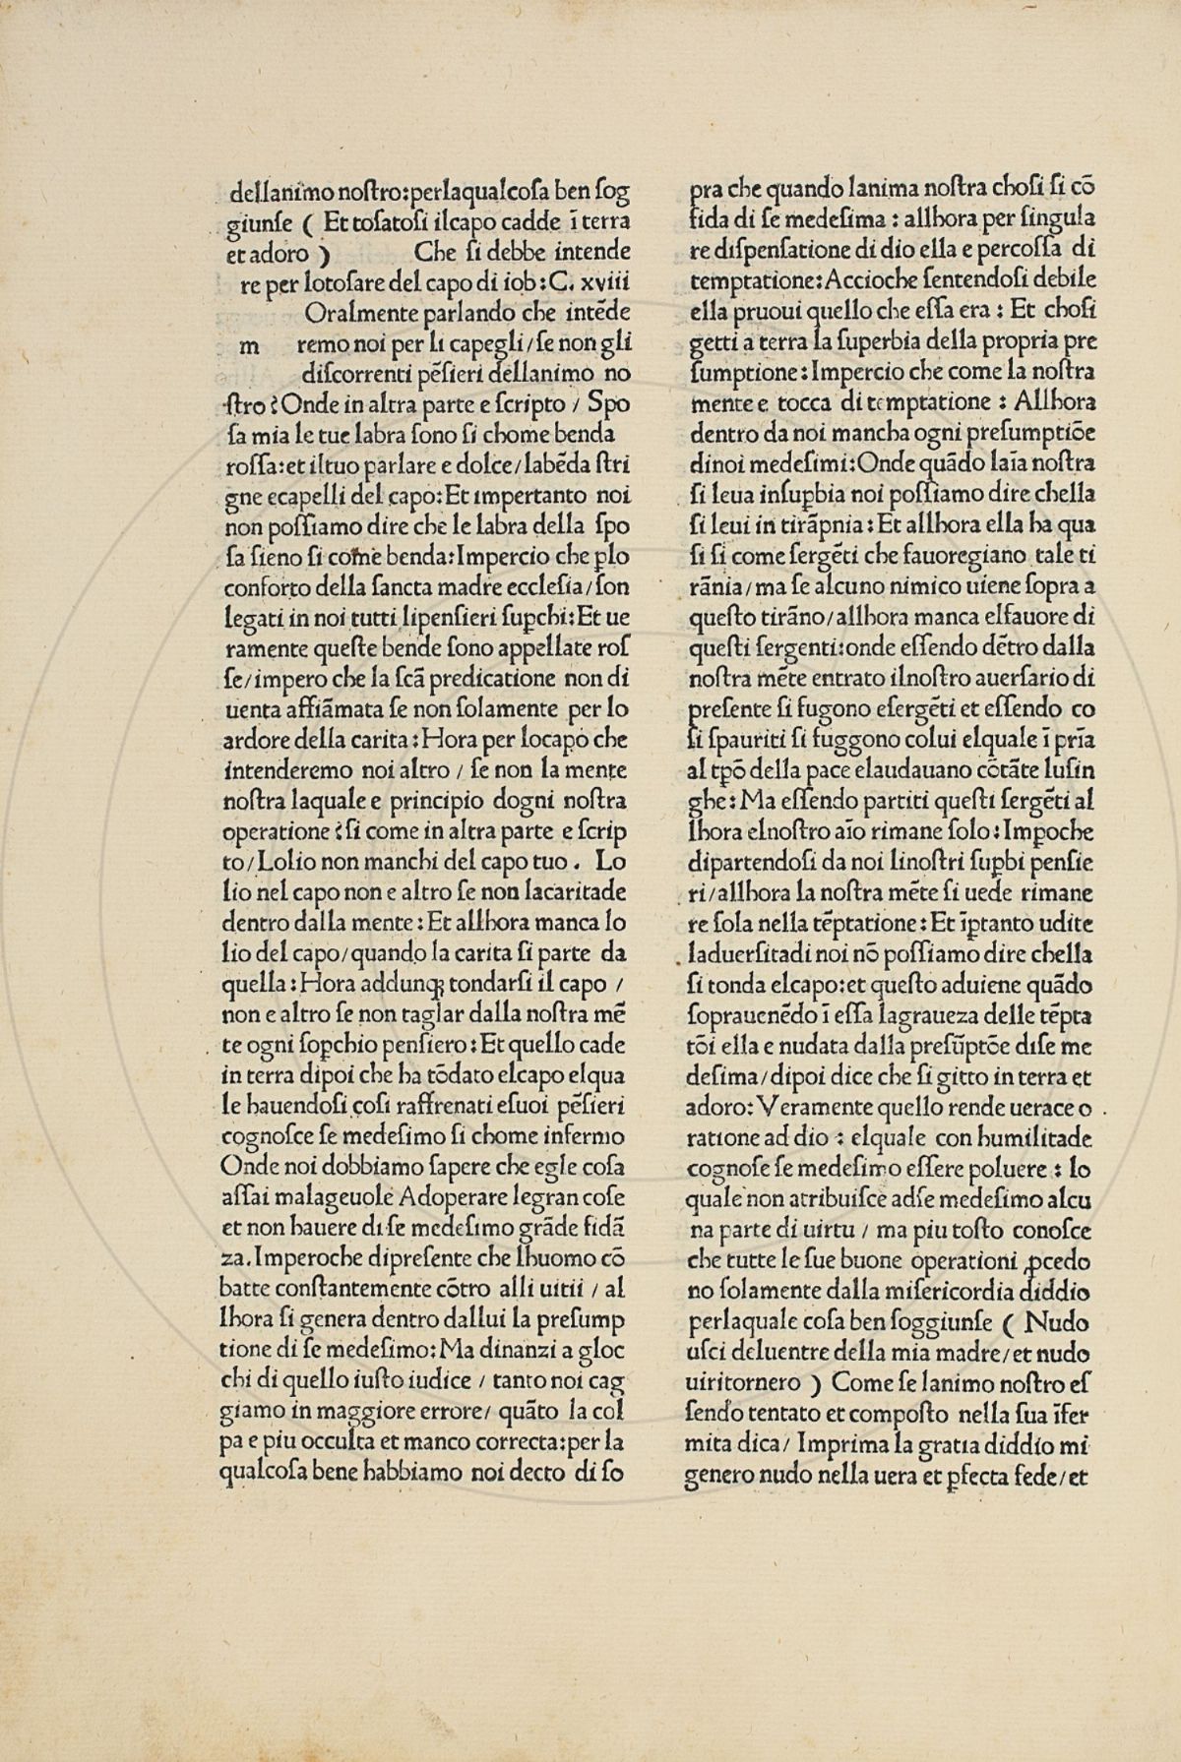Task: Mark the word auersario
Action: click(1018, 680)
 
